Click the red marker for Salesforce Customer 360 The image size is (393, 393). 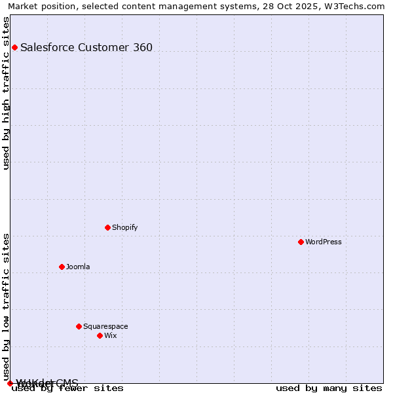pos(14,47)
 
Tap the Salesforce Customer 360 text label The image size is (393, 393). pos(86,47)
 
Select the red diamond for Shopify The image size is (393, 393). pos(107,227)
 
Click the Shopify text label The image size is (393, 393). pos(124,227)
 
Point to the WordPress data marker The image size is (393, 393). pos(301,242)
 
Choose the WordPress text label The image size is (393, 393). pos(324,242)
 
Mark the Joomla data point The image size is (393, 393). pos(62,267)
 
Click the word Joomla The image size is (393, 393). pos(78,267)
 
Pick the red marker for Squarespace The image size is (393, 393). pos(79,326)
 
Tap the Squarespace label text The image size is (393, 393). pos(105,326)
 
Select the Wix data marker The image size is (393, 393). pos(100,335)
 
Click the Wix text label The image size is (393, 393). pos(110,335)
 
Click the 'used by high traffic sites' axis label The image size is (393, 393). pos(6,93)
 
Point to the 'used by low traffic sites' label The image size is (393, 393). pos(6,307)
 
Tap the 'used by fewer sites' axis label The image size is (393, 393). pos(67,388)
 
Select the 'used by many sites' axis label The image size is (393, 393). pos(329,388)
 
